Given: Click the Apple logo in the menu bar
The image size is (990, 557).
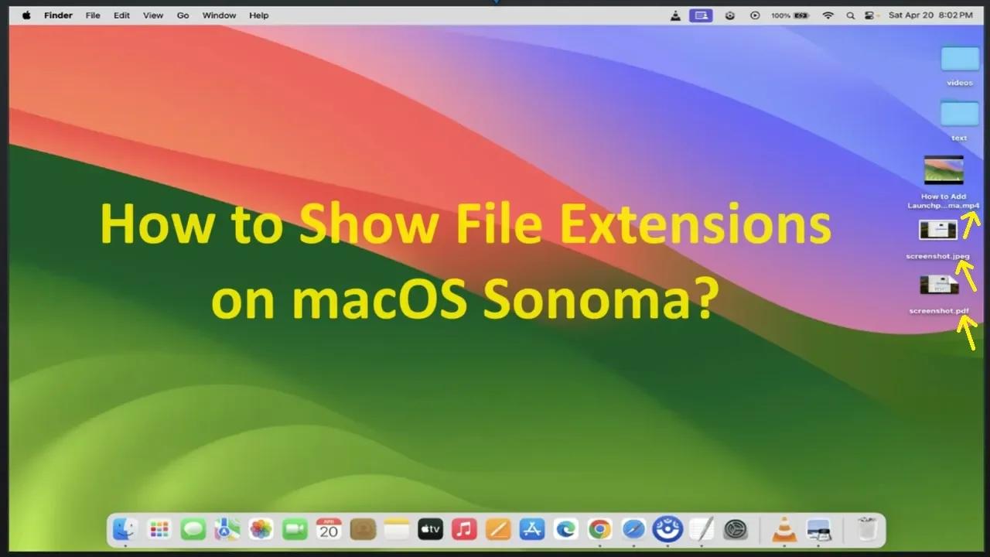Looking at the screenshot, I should point(26,15).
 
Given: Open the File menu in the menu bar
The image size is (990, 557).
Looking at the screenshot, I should point(93,15).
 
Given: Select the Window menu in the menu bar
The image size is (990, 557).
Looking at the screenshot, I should point(219,15).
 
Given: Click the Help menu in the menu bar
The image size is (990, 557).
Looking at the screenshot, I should point(259,15).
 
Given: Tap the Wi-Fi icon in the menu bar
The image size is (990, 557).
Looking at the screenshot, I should point(828,15).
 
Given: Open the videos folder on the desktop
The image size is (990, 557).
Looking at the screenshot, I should point(960,60).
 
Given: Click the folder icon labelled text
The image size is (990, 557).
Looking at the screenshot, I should point(960,114).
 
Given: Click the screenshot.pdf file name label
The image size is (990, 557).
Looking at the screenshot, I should point(939,311).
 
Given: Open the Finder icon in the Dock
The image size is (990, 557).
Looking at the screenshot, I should point(125,529).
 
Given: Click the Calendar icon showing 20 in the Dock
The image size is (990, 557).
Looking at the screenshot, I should point(329,529).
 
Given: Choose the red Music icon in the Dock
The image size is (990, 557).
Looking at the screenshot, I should point(464,529).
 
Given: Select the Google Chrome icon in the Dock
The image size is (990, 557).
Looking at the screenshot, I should point(599,529).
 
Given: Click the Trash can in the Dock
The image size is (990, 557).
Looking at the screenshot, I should point(867,529).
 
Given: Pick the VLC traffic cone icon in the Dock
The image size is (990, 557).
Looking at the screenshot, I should point(784,529).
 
